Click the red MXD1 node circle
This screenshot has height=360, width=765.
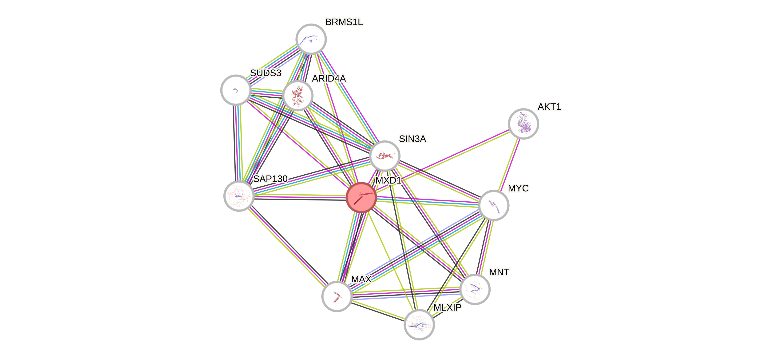[x=361, y=197]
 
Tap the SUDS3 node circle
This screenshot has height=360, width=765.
[x=236, y=90]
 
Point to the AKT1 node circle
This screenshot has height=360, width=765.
[x=523, y=124]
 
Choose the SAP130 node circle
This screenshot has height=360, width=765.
[x=239, y=196]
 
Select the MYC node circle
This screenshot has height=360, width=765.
[x=494, y=205]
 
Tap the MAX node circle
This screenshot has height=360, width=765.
[x=337, y=296]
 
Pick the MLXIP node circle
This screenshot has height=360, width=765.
[x=419, y=324]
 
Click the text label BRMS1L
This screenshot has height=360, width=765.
[x=344, y=22]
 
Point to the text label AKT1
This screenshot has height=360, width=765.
[x=549, y=107]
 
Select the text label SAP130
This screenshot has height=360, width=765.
[x=270, y=179]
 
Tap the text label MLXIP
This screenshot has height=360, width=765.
[x=447, y=308]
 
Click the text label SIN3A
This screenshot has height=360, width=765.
[x=412, y=139]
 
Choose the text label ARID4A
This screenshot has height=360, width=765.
[x=329, y=78]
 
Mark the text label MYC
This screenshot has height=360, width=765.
[x=518, y=188]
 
